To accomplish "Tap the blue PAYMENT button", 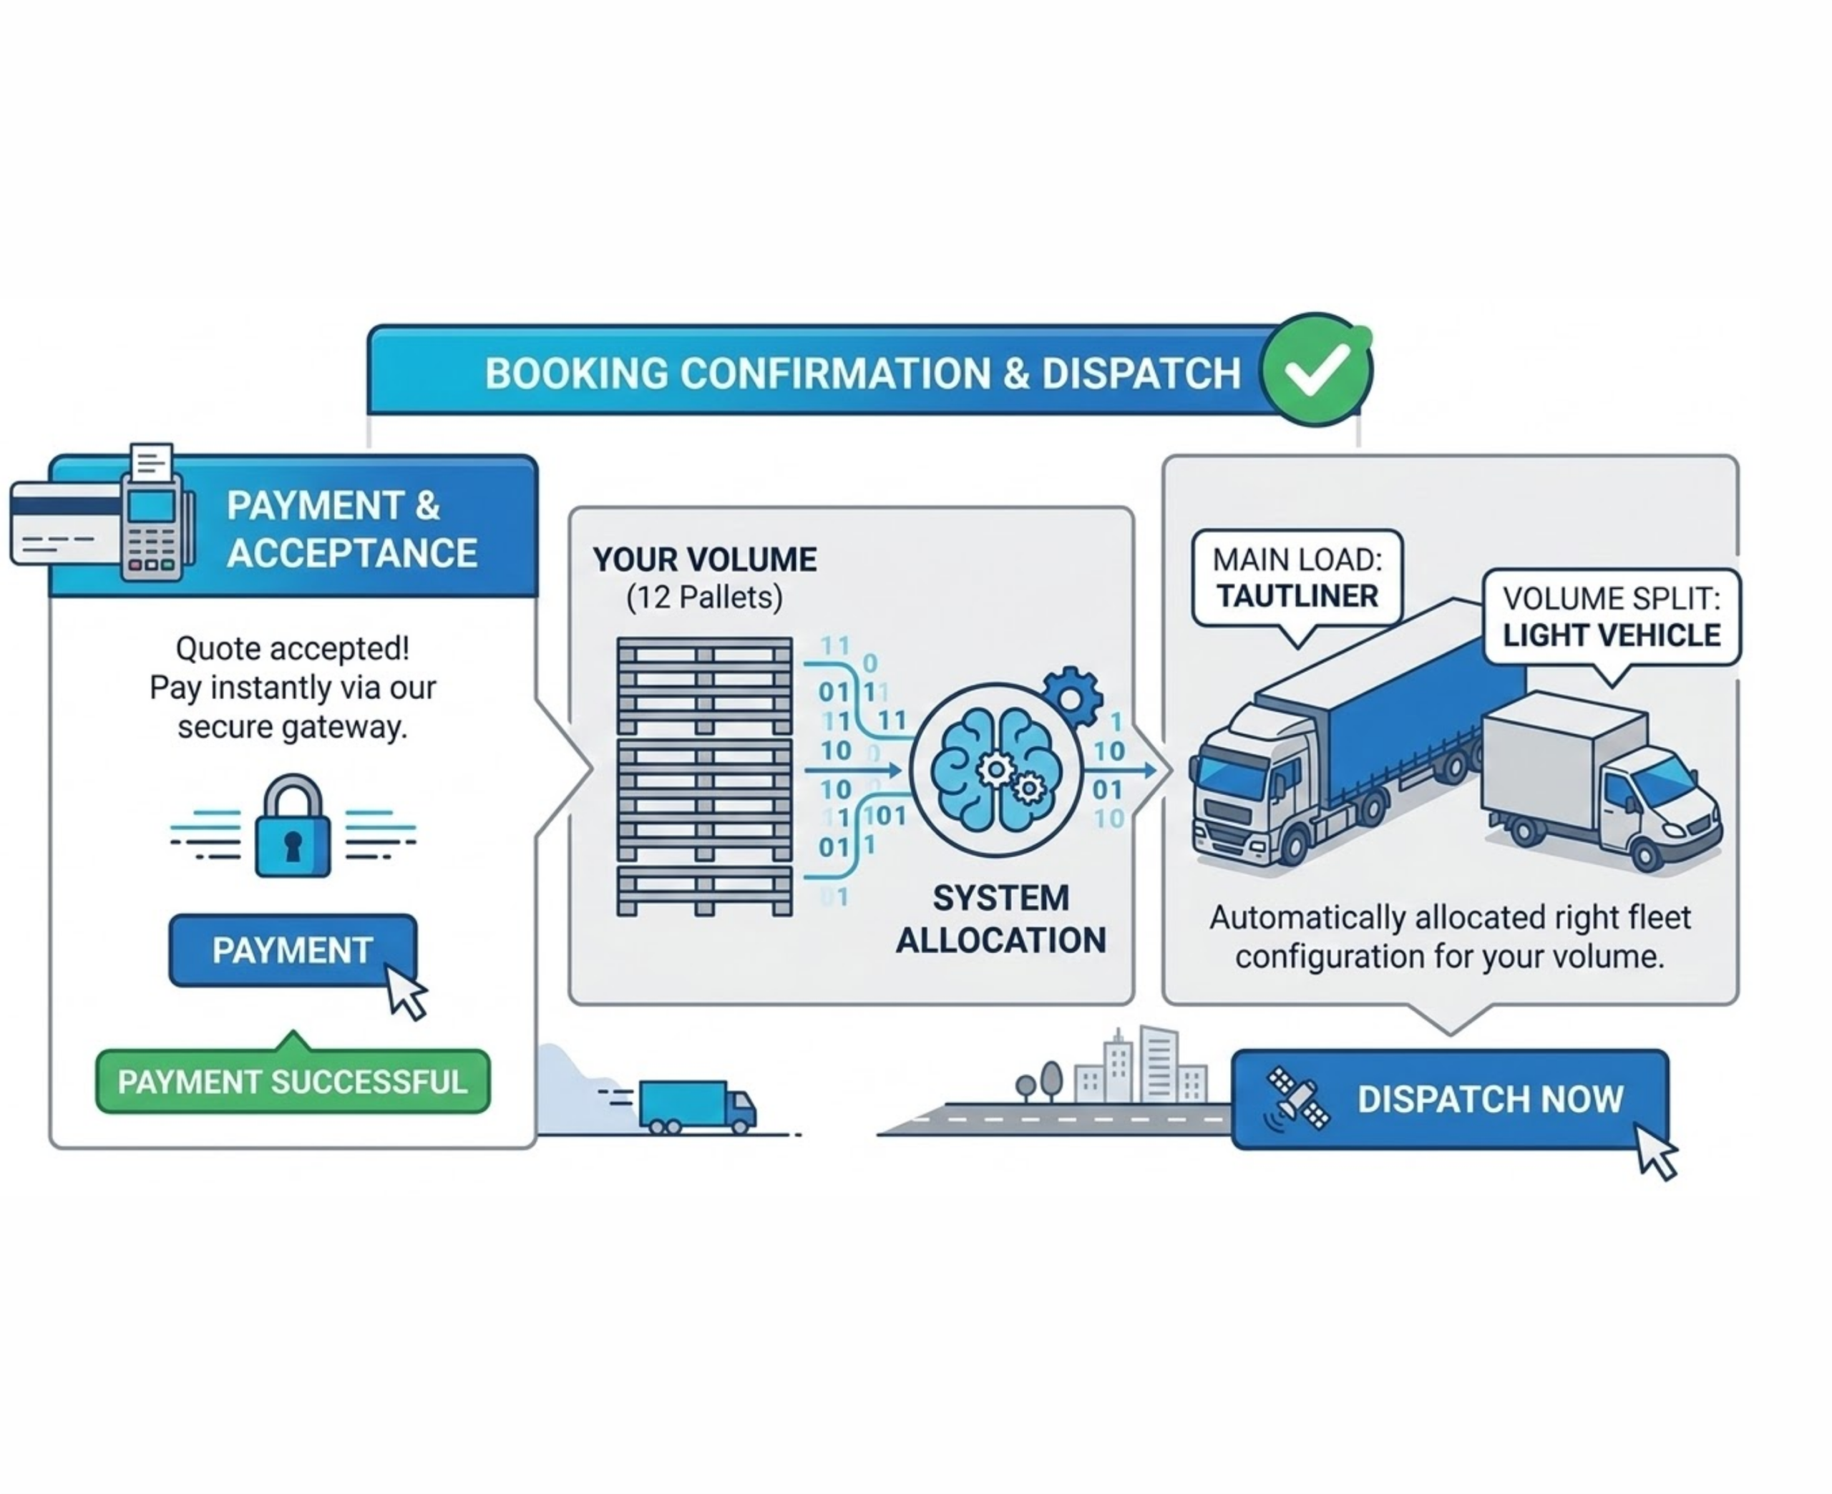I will [293, 950].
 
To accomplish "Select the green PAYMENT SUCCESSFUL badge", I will [293, 1082].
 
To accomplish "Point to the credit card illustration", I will [64, 523].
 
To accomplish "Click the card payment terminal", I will [152, 525].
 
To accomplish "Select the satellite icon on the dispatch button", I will [1297, 1098].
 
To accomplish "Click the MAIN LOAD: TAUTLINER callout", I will [1297, 578].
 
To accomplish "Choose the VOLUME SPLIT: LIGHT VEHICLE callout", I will [1611, 617].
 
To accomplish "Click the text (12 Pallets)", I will [704, 597].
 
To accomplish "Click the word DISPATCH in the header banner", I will [1141, 373].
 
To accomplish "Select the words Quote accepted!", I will [293, 648].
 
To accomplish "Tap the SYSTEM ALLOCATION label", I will [1000, 919].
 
